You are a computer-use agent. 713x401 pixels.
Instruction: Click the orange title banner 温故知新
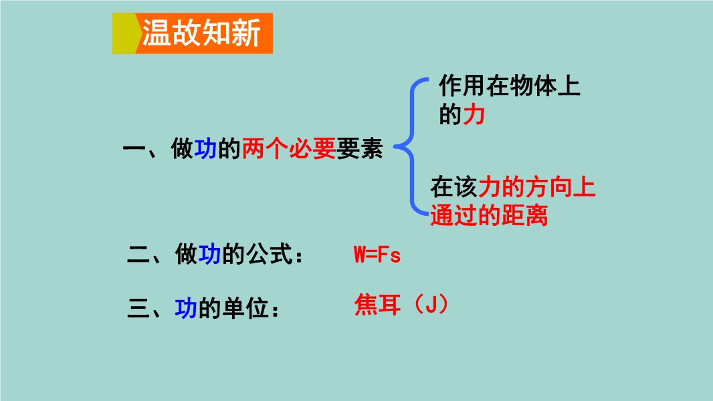[x=193, y=33]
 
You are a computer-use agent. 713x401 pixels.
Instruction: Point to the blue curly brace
[x=411, y=146]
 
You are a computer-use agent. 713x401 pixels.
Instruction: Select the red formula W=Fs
[x=377, y=255]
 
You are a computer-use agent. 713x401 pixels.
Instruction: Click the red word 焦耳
[x=377, y=305]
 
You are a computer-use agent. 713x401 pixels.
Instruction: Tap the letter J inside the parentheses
[x=431, y=304]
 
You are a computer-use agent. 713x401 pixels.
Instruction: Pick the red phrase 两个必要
[x=289, y=148]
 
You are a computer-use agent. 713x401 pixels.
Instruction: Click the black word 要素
[x=360, y=148]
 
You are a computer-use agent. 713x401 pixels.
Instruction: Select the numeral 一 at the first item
[x=134, y=149]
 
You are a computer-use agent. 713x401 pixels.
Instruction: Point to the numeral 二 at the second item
[x=138, y=255]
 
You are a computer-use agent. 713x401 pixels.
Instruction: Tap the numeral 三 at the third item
[x=138, y=309]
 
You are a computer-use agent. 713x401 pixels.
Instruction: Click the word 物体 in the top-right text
[x=532, y=86]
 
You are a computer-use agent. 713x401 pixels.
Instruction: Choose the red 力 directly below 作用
[x=474, y=114]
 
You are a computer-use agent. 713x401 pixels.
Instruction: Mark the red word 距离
[x=524, y=215]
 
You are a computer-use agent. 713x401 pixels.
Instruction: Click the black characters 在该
[x=453, y=187]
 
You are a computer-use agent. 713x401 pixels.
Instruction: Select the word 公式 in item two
[x=269, y=255]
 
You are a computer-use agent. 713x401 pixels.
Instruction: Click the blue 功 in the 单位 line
[x=186, y=309]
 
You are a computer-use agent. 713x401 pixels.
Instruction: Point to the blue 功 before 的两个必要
[x=205, y=148]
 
